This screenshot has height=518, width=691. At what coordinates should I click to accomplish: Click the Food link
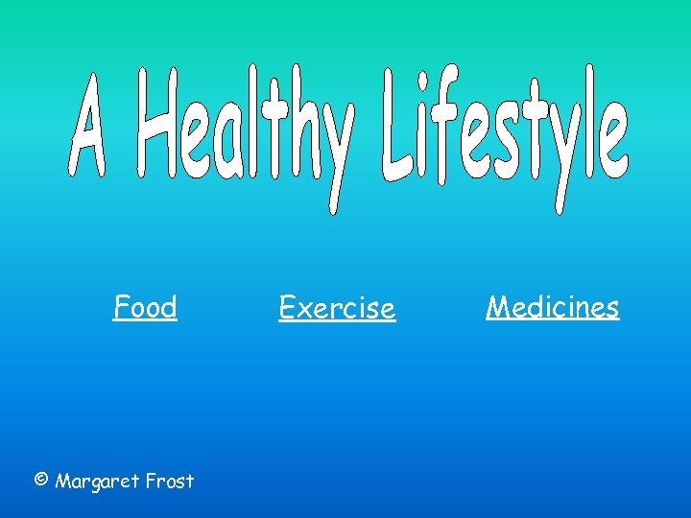click(145, 308)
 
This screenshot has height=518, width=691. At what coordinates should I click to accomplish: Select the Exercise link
click(337, 309)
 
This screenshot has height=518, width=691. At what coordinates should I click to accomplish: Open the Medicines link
click(553, 307)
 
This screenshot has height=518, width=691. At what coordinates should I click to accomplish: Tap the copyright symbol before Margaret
click(40, 480)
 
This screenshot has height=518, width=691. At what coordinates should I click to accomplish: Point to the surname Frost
click(171, 481)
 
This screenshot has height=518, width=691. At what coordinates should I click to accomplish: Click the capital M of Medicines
click(497, 307)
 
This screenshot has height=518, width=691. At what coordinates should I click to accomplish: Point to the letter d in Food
click(168, 308)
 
